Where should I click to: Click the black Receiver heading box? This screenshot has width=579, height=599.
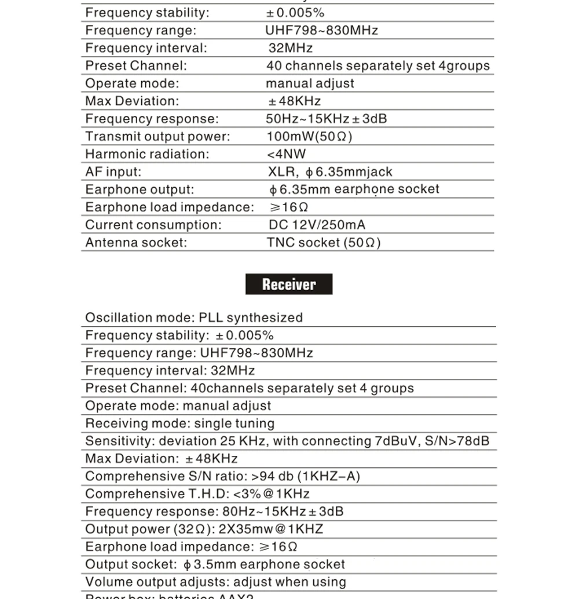pyautogui.click(x=289, y=284)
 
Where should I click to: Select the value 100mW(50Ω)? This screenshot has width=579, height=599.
pyautogui.click(x=309, y=137)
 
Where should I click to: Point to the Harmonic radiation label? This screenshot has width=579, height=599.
pyautogui.click(x=147, y=154)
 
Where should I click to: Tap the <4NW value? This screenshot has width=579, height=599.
pyautogui.click(x=286, y=154)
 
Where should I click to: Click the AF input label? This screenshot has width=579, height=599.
pyautogui.click(x=113, y=172)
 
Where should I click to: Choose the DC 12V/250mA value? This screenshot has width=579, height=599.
pyautogui.click(x=317, y=225)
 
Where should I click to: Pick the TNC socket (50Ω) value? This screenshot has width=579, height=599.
pyautogui.click(x=324, y=243)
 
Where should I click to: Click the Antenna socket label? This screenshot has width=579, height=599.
pyautogui.click(x=136, y=243)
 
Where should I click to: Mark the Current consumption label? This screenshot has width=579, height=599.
pyautogui.click(x=153, y=225)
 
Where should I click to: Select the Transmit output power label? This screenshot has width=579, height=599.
pyautogui.click(x=157, y=137)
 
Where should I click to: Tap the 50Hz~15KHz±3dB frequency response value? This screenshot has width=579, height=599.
pyautogui.click(x=326, y=119)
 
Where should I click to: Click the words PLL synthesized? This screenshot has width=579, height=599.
pyautogui.click(x=251, y=317)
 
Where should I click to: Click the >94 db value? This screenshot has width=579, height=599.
pyautogui.click(x=272, y=476)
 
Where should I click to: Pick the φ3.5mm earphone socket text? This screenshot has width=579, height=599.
pyautogui.click(x=264, y=564)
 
